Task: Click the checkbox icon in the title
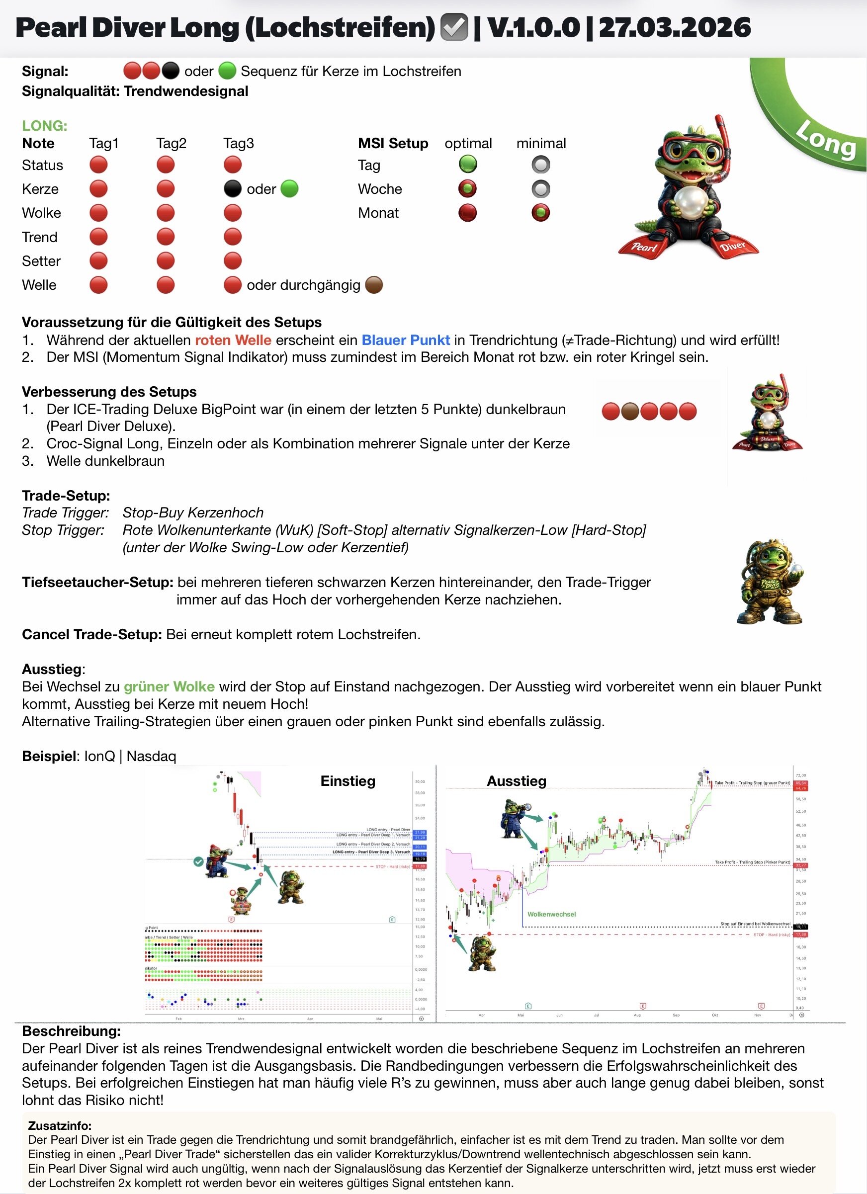[x=454, y=28]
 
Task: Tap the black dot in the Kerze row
[x=233, y=188]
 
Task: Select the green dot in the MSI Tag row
[x=467, y=165]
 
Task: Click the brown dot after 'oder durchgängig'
[x=374, y=285]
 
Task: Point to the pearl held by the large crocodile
[x=689, y=201]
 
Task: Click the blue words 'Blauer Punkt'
[x=405, y=340]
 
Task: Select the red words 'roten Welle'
[x=233, y=340]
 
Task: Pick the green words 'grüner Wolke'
[x=169, y=686]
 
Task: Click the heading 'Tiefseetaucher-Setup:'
[x=97, y=582]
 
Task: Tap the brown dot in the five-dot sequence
[x=629, y=411]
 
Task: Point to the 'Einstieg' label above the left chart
[x=347, y=781]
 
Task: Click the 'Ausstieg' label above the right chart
[x=517, y=781]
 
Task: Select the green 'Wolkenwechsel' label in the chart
[x=551, y=915]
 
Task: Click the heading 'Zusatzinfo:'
[x=60, y=1125]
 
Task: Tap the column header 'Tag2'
[x=171, y=143]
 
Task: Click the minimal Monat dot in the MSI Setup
[x=540, y=213]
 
